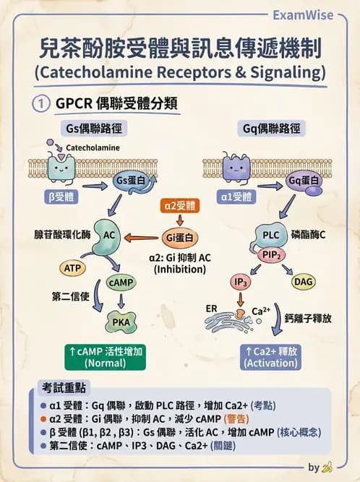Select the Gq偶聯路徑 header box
tap(269, 129)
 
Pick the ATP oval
tap(72, 268)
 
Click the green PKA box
tap(121, 319)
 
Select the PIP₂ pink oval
tap(272, 254)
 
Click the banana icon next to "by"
tap(327, 468)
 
